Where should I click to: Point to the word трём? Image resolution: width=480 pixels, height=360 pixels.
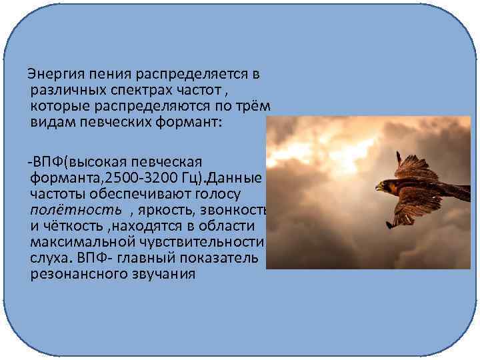(x=252, y=107)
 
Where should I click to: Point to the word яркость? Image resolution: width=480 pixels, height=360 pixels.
(x=163, y=211)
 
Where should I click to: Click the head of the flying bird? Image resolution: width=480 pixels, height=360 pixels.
(x=382, y=187)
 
